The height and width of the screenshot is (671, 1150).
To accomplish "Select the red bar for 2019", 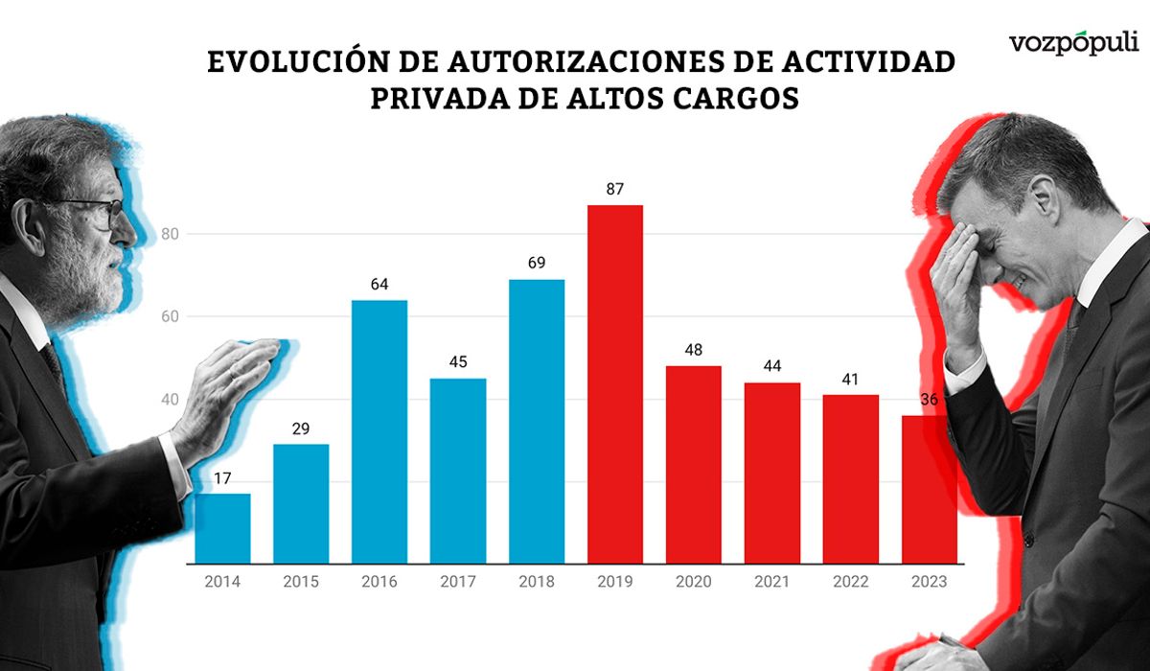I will click(x=615, y=383).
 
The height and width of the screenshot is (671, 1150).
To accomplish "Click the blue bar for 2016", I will click(x=379, y=431).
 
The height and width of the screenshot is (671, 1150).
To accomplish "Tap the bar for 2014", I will click(x=222, y=528).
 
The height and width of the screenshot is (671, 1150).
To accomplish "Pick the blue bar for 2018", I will click(x=537, y=421).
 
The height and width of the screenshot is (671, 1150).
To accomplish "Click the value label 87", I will click(x=615, y=189).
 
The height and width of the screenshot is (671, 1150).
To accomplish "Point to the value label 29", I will click(x=301, y=428).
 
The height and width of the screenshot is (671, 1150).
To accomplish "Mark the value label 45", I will click(x=458, y=361).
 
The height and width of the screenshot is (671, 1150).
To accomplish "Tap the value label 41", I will click(x=851, y=378).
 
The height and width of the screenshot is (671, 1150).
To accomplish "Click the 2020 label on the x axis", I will click(x=694, y=582).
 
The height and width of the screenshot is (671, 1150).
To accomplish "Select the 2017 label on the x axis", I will click(x=458, y=582).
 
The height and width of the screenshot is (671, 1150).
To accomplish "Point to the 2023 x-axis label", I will click(x=930, y=582).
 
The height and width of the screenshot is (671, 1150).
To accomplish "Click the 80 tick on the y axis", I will click(x=171, y=234).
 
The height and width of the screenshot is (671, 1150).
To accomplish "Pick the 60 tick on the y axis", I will click(x=171, y=317).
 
